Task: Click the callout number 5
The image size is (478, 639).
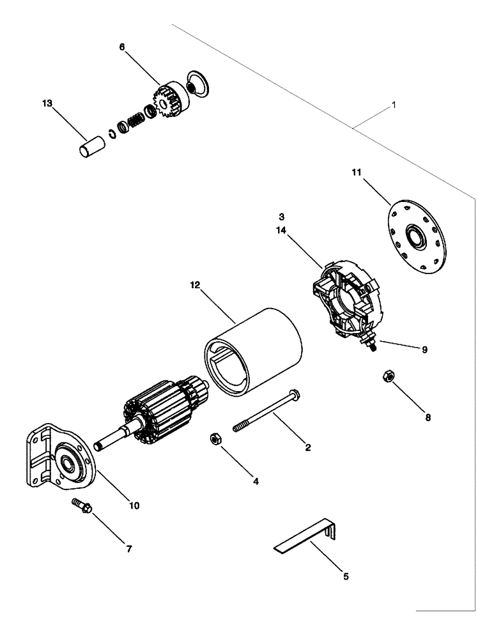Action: click(346, 576)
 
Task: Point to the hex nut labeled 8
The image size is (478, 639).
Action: click(388, 376)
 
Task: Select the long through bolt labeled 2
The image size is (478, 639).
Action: click(265, 413)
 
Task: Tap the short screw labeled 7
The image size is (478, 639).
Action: click(82, 507)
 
